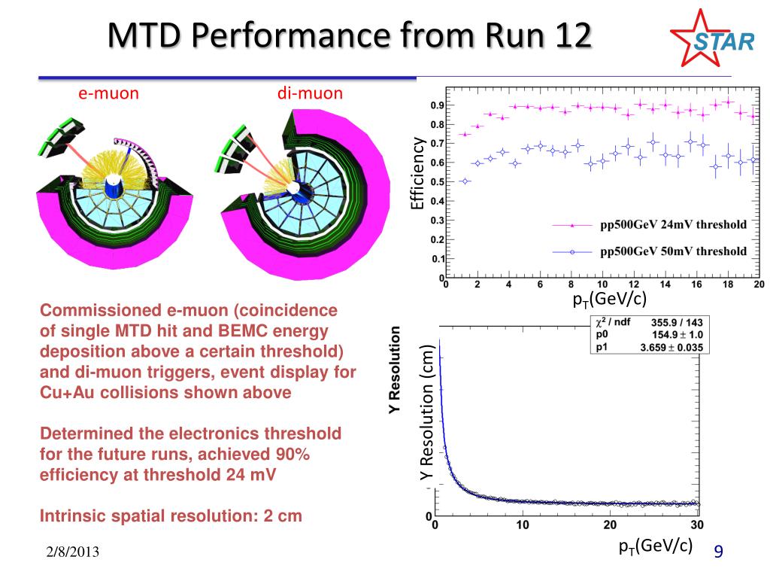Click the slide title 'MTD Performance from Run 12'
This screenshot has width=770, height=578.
[x=347, y=35]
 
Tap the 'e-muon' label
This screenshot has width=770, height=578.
[x=109, y=93]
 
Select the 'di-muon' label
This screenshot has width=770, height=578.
[x=310, y=93]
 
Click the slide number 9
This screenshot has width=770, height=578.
[x=718, y=552]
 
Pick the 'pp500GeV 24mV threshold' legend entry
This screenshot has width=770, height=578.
[x=673, y=224]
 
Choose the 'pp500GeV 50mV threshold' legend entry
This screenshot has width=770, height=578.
[x=673, y=251]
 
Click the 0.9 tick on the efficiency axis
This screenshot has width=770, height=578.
[x=437, y=106]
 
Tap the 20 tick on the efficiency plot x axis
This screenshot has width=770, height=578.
[x=758, y=285]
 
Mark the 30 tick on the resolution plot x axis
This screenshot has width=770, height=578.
[x=697, y=525]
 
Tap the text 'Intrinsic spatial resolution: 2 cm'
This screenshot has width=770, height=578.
[x=170, y=517]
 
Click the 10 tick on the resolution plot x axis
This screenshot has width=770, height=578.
[x=523, y=525]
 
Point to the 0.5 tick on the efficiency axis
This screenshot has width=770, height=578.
[x=437, y=181]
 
